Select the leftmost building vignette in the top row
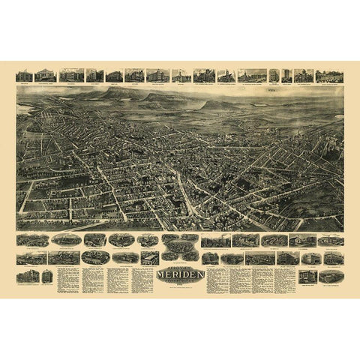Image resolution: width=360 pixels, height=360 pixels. pyautogui.click(x=25, y=75)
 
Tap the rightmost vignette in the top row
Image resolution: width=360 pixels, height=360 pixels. pyautogui.click(x=329, y=75)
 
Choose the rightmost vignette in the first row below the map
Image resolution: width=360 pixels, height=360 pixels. pyautogui.click(x=331, y=240)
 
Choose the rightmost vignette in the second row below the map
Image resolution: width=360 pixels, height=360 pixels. pyautogui.click(x=331, y=257)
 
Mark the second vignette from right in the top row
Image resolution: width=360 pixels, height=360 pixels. pyautogui.click(x=304, y=75)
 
